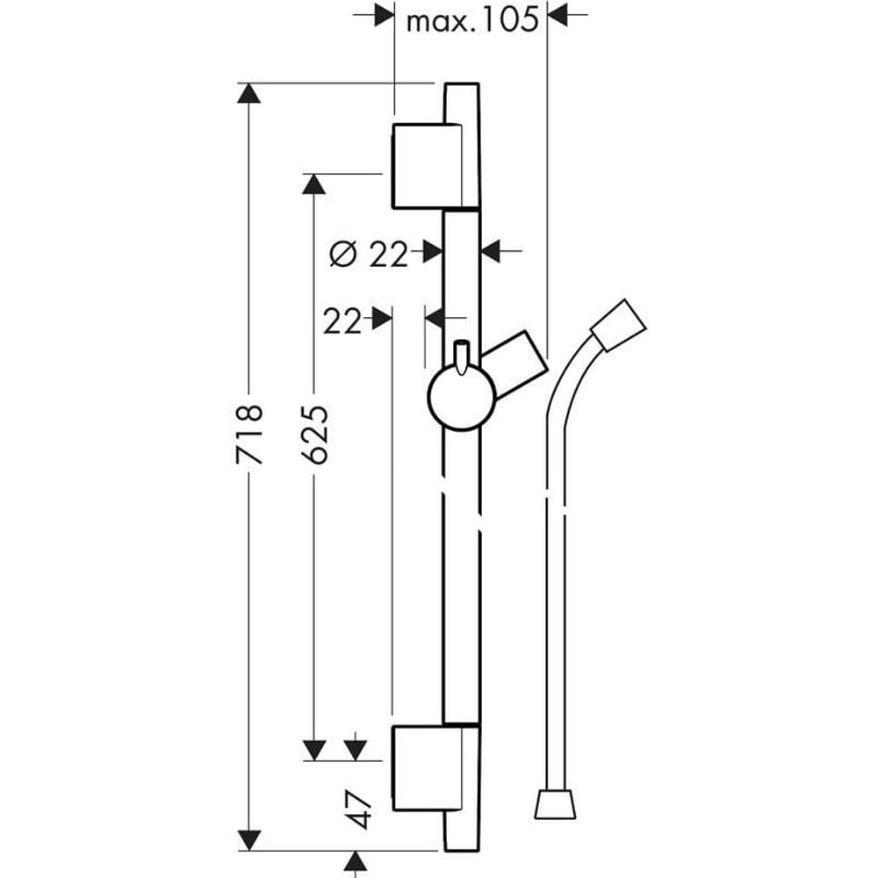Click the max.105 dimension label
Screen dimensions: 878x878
[471, 19]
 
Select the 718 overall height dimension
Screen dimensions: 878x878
[250, 434]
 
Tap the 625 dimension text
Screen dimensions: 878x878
[315, 434]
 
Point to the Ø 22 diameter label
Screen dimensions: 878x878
[369, 254]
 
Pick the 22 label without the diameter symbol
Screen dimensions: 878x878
[342, 321]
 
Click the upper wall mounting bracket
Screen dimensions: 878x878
[425, 166]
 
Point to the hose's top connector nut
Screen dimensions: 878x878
[620, 326]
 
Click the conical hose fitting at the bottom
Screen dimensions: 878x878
[556, 807]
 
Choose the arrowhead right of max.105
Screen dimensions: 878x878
[558, 15]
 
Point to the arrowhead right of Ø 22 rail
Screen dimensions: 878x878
[490, 252]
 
